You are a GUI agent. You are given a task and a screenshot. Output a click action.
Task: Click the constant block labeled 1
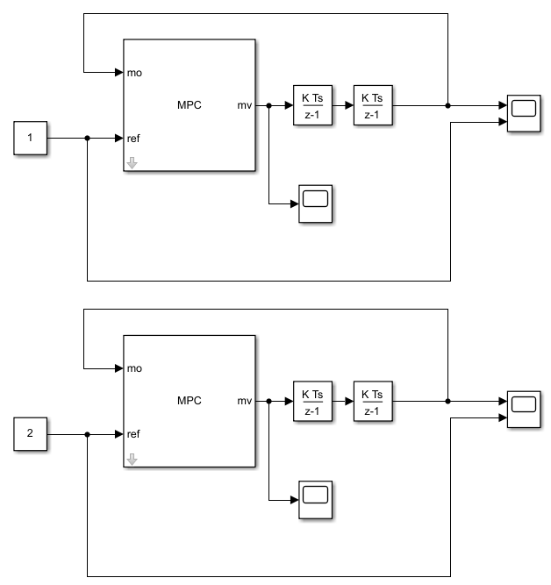click(x=31, y=138)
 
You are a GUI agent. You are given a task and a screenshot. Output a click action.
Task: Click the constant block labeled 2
click(x=31, y=433)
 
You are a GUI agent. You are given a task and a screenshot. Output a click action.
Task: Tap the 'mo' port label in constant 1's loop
click(x=134, y=72)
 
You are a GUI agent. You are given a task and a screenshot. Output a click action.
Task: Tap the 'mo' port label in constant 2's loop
click(x=134, y=367)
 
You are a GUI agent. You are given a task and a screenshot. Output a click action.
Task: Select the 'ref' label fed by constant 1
click(x=134, y=138)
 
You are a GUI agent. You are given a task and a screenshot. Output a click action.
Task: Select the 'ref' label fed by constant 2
click(x=134, y=433)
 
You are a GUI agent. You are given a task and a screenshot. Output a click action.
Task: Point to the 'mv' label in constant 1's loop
click(x=245, y=105)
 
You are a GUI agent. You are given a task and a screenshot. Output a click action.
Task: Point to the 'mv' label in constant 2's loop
click(x=245, y=401)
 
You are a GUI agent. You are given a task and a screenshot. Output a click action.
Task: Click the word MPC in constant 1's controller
click(x=190, y=105)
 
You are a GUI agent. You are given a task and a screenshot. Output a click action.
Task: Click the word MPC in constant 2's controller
click(x=190, y=401)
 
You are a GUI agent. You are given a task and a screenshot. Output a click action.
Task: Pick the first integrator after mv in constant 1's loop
click(x=312, y=105)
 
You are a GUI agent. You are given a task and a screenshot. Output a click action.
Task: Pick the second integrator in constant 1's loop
click(x=372, y=105)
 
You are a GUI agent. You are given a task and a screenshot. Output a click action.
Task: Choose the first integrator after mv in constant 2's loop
click(x=312, y=401)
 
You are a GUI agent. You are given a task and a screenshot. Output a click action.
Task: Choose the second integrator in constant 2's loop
click(x=372, y=401)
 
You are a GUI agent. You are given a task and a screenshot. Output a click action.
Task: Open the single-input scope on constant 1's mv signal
click(x=315, y=203)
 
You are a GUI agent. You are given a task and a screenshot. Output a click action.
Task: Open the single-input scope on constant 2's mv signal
click(x=315, y=499)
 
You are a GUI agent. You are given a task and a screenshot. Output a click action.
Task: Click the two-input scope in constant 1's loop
click(x=524, y=113)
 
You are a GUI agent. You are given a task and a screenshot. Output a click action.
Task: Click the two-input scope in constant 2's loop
click(x=524, y=409)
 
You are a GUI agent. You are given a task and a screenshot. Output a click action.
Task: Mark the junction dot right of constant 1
click(x=87, y=138)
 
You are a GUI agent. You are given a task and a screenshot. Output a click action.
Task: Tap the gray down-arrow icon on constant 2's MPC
click(x=132, y=457)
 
